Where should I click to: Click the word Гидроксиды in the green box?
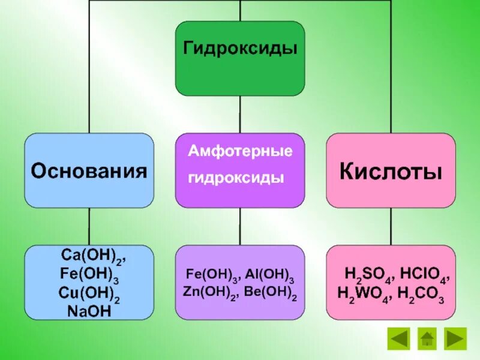tap(240, 49)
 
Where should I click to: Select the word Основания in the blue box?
tap(89, 172)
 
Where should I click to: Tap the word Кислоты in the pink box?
tap(391, 172)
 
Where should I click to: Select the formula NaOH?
tap(89, 311)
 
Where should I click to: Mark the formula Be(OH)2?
tap(271, 295)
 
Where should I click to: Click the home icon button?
tap(427, 338)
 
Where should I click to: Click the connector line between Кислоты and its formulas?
tap(391, 226)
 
